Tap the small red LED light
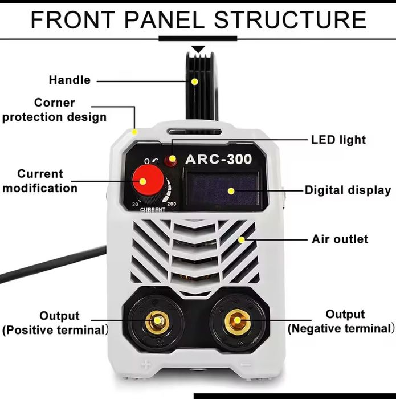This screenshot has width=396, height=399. [170, 161]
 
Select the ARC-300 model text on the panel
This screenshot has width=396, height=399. [218, 159]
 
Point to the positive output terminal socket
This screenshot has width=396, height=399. [157, 322]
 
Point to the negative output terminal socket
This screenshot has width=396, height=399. [237, 321]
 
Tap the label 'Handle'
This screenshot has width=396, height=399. [70, 80]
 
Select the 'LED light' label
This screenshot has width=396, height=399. [338, 140]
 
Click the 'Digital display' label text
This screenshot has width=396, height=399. [348, 190]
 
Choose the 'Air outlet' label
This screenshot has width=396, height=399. [340, 239]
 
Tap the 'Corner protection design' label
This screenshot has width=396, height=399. [55, 110]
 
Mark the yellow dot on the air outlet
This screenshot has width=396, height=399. [242, 239]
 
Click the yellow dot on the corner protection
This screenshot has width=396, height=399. [135, 132]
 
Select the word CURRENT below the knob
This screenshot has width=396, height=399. [152, 210]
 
